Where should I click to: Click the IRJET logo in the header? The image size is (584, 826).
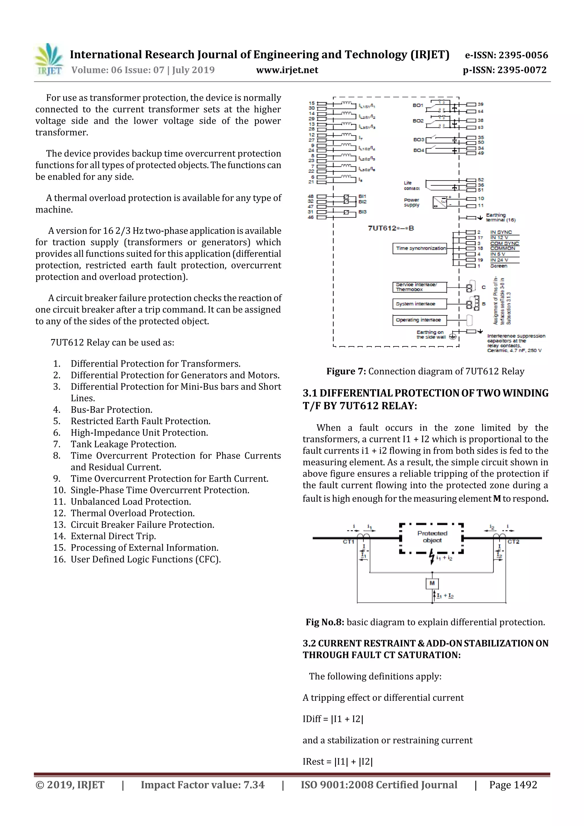click(48, 59)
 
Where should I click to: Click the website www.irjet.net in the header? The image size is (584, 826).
click(287, 70)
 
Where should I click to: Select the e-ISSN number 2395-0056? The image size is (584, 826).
click(506, 55)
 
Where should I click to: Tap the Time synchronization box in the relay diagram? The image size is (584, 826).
click(419, 248)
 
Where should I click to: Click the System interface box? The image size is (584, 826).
click(419, 304)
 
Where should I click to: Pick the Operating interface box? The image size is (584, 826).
click(419, 320)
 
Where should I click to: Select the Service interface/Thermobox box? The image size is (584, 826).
click(419, 287)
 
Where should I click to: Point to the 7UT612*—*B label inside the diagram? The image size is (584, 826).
click(391, 228)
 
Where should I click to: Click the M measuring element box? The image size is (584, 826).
click(432, 583)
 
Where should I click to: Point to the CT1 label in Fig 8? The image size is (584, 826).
click(348, 542)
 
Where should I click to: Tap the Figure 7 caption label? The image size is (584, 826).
click(346, 371)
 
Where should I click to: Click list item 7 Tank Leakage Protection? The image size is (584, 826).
click(123, 444)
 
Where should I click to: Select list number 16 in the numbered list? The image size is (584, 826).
click(59, 559)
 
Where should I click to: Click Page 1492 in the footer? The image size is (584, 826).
click(513, 785)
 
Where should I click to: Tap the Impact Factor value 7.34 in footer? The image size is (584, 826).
click(202, 785)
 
